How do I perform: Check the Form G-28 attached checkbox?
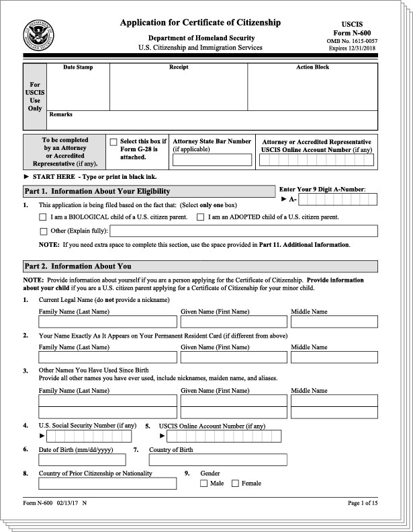(x=113, y=142)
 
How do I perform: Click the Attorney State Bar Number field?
(x=213, y=160)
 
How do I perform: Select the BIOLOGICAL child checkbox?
(x=44, y=217)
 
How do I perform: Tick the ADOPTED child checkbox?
(x=200, y=217)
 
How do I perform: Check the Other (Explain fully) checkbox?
(x=44, y=231)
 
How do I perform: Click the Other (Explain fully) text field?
(x=238, y=231)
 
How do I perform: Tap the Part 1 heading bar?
(x=148, y=192)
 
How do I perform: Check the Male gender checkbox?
(x=204, y=484)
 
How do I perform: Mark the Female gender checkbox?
(x=235, y=484)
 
